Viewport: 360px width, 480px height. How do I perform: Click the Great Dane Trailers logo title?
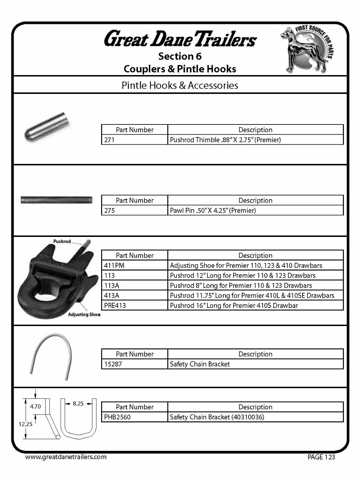coord(180,39)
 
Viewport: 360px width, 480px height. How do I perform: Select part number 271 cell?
coord(134,140)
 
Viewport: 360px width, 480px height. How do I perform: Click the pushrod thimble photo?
coord(47,127)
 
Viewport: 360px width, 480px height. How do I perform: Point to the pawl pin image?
coord(57,200)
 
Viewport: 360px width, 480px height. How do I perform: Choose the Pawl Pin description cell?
coord(255,211)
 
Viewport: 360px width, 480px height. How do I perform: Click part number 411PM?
coord(134,265)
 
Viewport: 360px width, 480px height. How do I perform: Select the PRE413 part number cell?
coord(134,305)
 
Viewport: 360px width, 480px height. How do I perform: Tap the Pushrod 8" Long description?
coord(255,286)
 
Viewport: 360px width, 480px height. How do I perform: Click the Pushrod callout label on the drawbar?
coord(62,241)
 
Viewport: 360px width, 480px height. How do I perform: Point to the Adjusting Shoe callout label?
coord(84,314)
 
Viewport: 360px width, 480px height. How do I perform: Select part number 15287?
coord(134,364)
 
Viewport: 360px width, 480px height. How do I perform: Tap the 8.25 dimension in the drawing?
coord(78,404)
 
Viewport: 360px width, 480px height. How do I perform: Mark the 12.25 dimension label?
coord(25,424)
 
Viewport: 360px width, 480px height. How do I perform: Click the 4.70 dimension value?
coord(35,406)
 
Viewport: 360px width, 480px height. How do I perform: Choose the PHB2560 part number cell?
coord(134,417)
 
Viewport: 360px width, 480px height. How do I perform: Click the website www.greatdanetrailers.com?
coord(66,457)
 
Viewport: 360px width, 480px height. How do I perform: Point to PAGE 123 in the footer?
coord(321,457)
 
